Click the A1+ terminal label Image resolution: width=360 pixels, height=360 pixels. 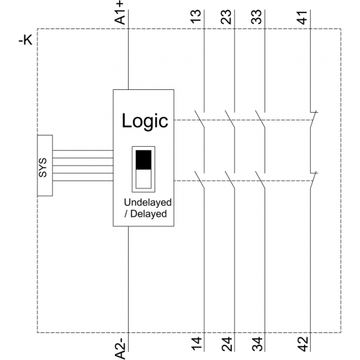pos(120,13)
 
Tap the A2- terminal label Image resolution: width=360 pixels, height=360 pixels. pos(120,348)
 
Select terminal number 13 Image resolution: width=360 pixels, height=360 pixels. pos(196,17)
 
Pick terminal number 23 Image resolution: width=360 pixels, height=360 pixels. pos(226,17)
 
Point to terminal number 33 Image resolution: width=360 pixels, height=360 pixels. pos(256,17)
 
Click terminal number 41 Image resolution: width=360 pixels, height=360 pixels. pos(303,17)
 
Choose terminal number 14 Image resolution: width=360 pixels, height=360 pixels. pos(196,344)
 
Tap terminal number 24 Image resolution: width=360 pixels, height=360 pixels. pos(226,344)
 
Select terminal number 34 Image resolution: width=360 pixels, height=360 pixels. pos(256,344)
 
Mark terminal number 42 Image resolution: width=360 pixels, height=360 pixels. pos(303,344)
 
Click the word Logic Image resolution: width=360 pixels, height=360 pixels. pos(145,121)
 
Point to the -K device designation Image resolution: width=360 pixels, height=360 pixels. pos(26,40)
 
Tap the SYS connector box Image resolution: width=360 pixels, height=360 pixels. pos(45,165)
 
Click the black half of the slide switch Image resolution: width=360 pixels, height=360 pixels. pos(143,160)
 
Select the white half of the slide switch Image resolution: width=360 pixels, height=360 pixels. pos(143,179)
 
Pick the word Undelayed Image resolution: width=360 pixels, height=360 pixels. pos(147,202)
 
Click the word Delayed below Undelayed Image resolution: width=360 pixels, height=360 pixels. pos(148,214)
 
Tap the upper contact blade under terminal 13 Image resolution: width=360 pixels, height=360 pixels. pos(199,119)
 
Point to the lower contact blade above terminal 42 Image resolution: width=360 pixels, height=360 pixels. pos(313,181)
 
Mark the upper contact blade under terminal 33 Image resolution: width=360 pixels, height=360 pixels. pos(260,119)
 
